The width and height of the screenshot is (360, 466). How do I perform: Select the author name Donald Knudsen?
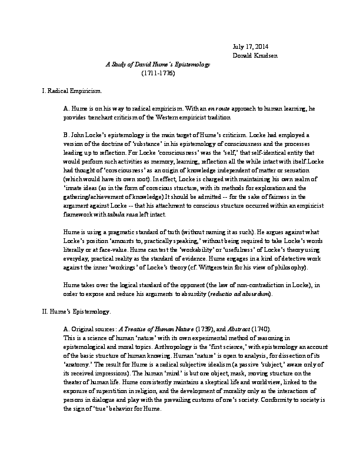pos(258,56)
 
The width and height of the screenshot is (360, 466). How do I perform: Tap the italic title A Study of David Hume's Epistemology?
pos(158,64)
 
